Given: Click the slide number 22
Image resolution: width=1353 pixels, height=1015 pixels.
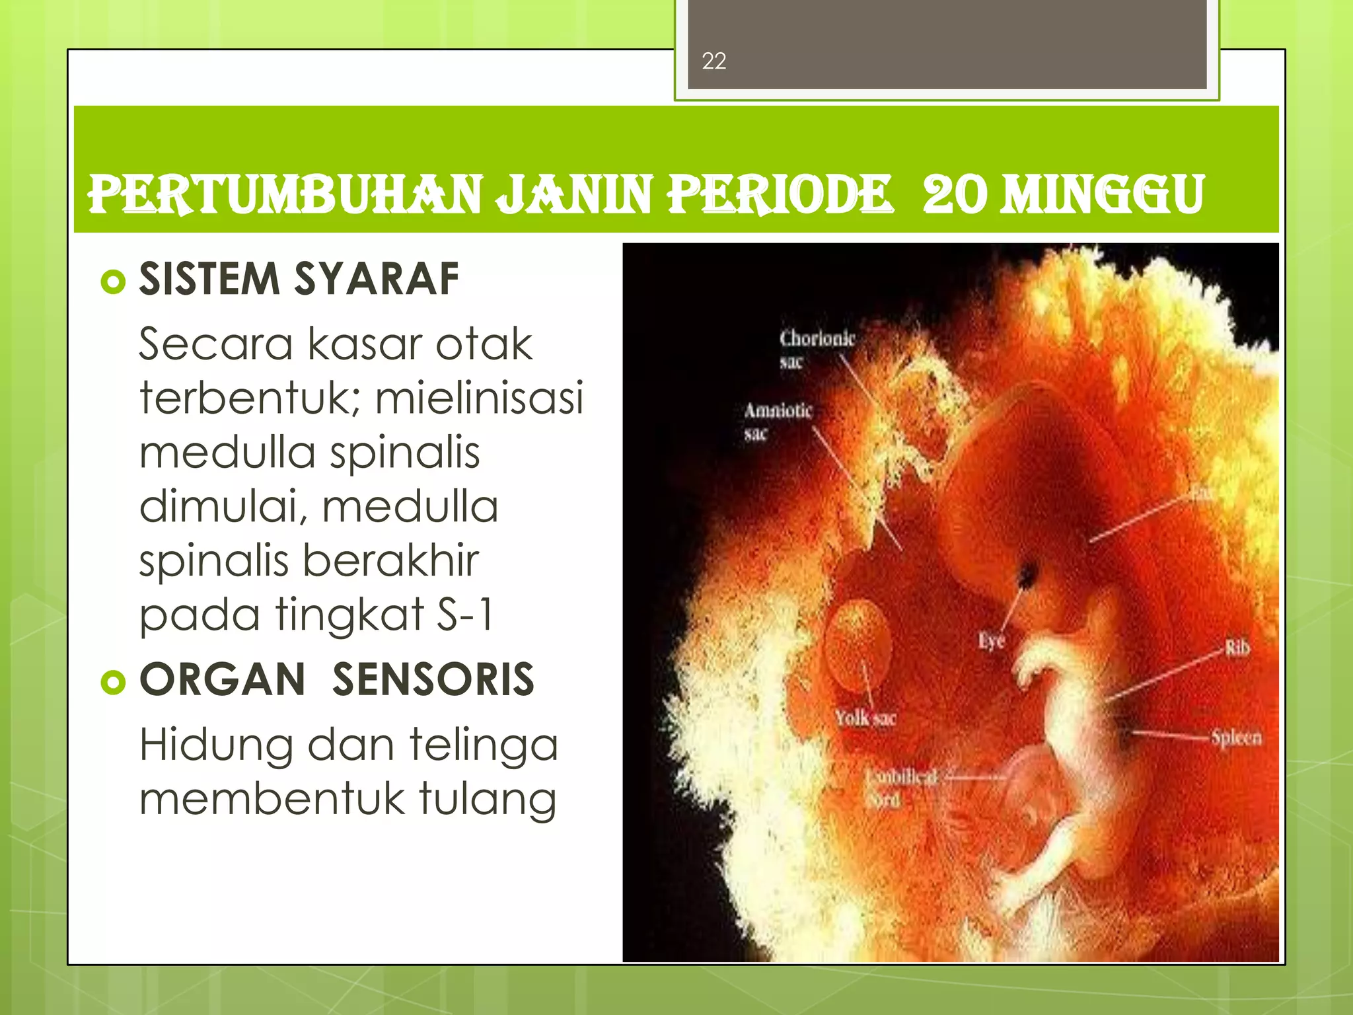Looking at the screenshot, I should [x=713, y=61].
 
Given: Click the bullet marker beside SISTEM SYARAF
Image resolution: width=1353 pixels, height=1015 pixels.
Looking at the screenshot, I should [x=113, y=282].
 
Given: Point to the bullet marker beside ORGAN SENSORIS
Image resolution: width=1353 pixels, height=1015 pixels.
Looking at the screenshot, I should [x=113, y=682].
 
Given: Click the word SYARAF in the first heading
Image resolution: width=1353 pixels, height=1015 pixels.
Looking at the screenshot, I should [x=376, y=279].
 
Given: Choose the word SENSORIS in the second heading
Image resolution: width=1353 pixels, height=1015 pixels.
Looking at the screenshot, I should [x=433, y=679].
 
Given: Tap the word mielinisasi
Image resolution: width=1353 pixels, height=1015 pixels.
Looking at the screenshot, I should [x=480, y=398].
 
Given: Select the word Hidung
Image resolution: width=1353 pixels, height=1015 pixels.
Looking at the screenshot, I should [x=216, y=745].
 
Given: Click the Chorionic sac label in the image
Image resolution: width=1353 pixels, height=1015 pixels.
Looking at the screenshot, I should [x=817, y=349].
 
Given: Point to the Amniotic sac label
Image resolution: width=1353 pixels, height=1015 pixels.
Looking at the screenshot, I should [x=778, y=421].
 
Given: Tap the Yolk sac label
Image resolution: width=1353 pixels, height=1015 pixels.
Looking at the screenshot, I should [x=865, y=718].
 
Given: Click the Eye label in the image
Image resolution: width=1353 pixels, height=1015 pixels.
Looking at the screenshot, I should [x=991, y=640].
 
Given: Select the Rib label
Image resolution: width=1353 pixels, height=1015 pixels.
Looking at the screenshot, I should [x=1237, y=648].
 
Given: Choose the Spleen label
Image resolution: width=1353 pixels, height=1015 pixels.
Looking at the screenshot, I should [x=1236, y=737].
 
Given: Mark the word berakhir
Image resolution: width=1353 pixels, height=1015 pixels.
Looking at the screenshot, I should [x=392, y=560].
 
